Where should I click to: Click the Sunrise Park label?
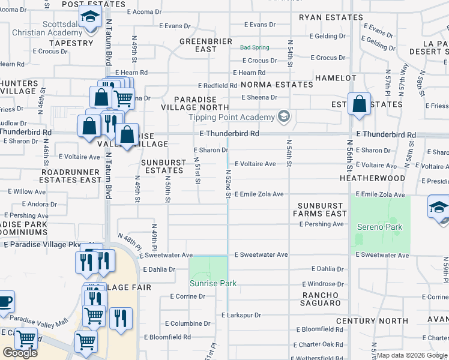coord(213,283)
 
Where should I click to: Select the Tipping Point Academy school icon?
coord(283,117)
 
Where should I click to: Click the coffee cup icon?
coord(5,301)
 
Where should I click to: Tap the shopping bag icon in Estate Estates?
coord(359,104)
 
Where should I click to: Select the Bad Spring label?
coord(255,47)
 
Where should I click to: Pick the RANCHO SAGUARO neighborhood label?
coord(321,299)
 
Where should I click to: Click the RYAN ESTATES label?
coord(331,18)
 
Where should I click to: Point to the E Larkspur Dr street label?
coord(241,315)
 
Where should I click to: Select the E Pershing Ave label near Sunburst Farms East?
coord(321,224)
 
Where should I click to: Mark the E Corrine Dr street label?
coord(188,296)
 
